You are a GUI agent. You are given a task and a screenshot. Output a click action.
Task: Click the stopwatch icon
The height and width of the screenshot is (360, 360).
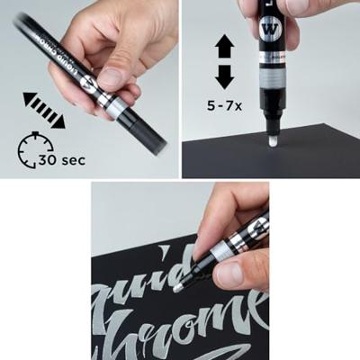point(35,148)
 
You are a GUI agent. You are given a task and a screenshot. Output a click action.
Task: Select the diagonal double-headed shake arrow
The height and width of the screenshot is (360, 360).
point(44,107)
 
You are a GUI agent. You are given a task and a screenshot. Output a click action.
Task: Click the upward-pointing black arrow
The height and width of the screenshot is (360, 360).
point(225,47)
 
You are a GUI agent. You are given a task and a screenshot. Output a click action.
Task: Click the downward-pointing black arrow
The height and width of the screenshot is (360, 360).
point(225,76)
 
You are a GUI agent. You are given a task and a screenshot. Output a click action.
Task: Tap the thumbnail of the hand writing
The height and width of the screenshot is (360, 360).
point(180,270)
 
